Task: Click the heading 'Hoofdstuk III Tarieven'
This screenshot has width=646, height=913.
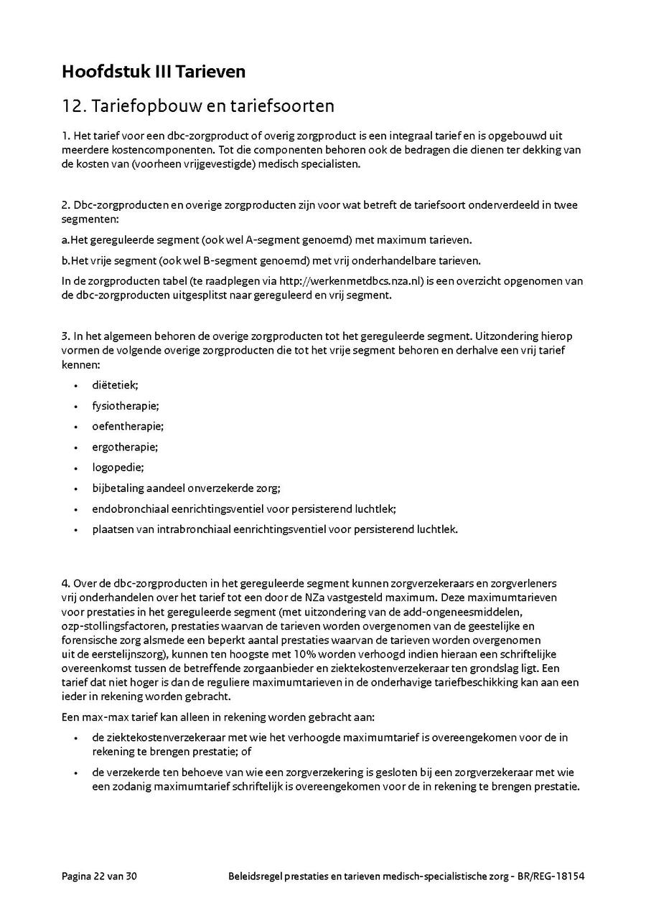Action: (x=154, y=72)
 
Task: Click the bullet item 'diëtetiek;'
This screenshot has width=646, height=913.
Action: (x=115, y=384)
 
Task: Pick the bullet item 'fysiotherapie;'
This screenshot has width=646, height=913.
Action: (x=126, y=405)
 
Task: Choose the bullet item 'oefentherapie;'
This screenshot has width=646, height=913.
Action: (x=128, y=426)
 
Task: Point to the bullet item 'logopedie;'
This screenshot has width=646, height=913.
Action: (x=118, y=468)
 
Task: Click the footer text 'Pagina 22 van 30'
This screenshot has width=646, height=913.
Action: (x=99, y=876)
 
